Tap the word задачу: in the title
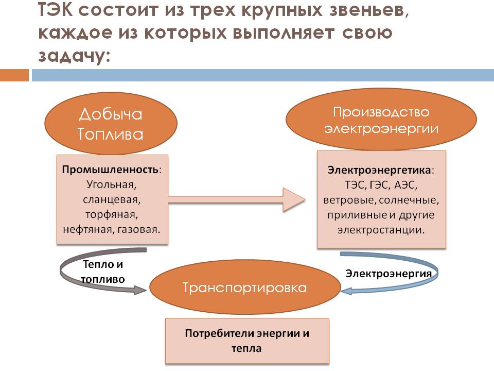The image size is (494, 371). click(x=74, y=55)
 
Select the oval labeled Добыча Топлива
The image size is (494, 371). click(x=111, y=124)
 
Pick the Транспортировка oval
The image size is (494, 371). click(x=245, y=288)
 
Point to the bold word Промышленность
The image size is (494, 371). click(x=111, y=169)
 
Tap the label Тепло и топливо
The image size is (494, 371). click(x=103, y=271)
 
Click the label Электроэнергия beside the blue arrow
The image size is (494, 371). click(x=389, y=273)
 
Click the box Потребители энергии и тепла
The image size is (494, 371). click(x=247, y=341)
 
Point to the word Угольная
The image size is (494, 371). click(x=112, y=184)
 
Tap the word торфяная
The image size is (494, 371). click(x=112, y=213)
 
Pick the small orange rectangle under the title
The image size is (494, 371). click(x=14, y=76)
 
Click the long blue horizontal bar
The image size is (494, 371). click(x=262, y=76)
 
